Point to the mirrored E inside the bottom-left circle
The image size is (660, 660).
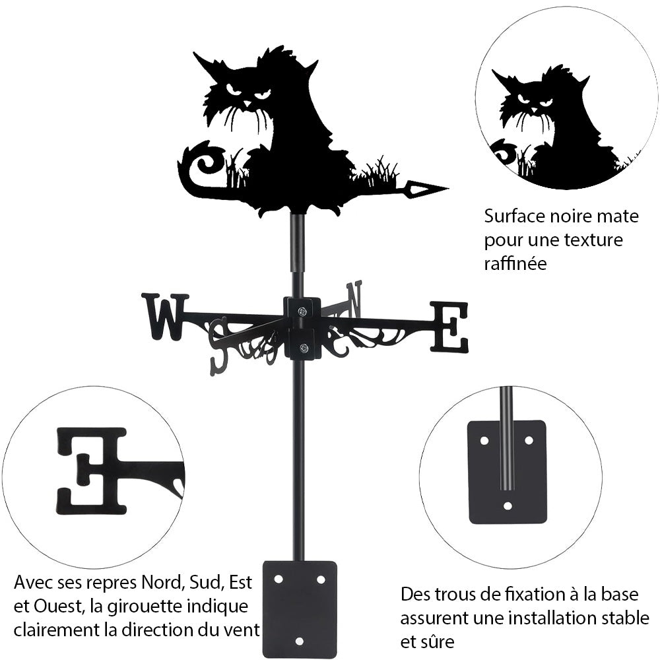point(91,470)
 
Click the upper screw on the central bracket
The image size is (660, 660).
point(302,312)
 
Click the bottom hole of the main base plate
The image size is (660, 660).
point(300,641)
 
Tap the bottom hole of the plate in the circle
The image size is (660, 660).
point(507,506)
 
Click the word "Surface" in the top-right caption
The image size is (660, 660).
point(513,216)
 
